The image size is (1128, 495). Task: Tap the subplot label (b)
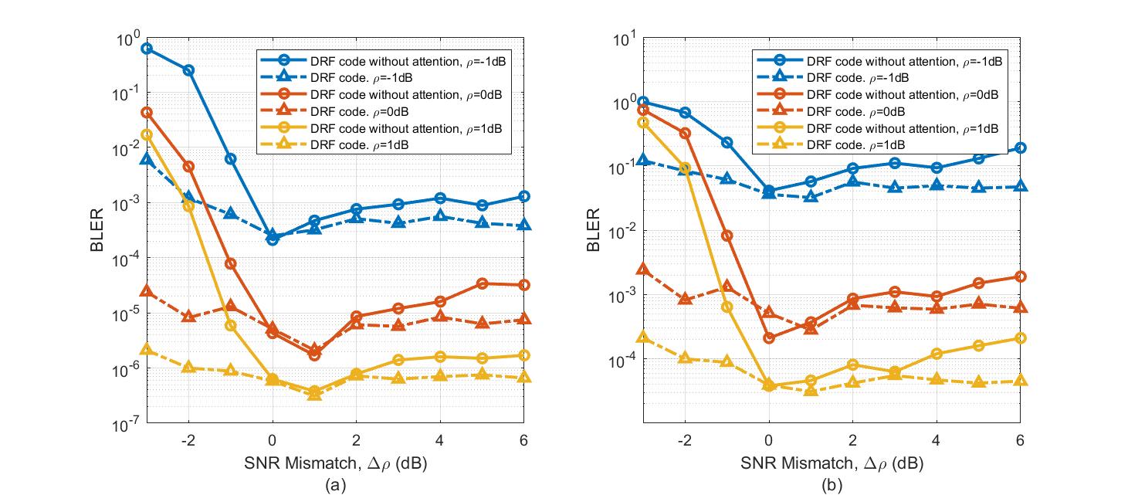point(831,485)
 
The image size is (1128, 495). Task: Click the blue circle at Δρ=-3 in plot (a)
point(147,49)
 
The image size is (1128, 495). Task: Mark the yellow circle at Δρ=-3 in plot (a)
point(147,134)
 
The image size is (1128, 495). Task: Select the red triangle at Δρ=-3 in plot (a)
point(147,291)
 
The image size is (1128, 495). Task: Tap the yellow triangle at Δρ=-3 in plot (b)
point(643,337)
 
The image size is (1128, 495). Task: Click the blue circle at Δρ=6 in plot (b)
point(1020,147)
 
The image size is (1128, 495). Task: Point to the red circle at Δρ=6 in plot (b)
point(1020,276)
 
